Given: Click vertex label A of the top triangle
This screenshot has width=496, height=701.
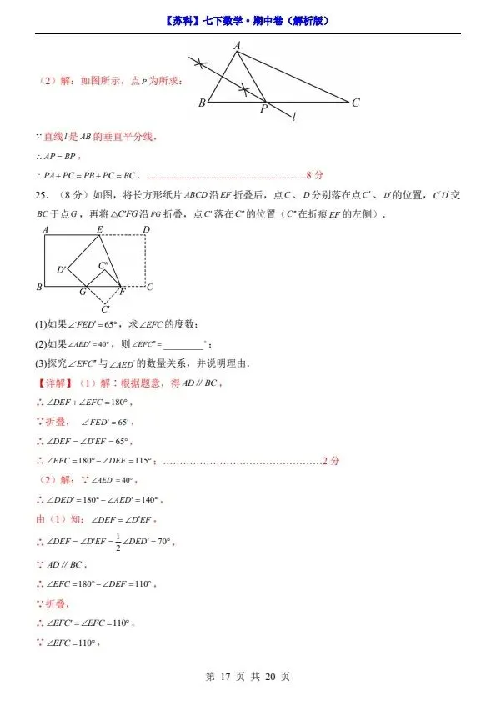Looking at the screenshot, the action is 237,46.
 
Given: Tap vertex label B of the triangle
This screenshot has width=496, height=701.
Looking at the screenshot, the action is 202,103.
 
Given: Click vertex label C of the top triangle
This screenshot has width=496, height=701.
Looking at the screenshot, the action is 355,103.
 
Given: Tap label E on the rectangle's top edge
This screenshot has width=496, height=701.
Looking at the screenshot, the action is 100,229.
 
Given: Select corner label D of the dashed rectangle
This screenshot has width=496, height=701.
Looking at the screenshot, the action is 146,229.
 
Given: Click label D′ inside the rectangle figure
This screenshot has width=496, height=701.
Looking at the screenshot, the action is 62,269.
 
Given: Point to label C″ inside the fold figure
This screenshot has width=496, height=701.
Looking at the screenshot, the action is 103,266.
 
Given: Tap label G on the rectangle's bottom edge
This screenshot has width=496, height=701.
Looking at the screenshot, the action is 83,292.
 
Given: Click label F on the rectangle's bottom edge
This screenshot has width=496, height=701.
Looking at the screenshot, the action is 122,292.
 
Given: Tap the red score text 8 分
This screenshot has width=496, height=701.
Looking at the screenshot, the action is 314,175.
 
